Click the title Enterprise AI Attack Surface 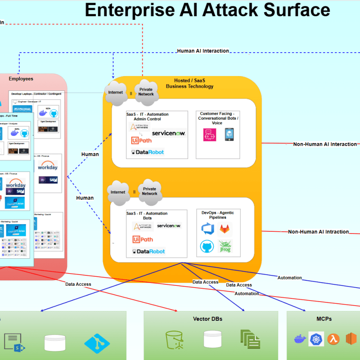point(207,10)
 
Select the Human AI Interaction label point(203,51)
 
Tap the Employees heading point(21,79)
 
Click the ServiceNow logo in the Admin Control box point(168,133)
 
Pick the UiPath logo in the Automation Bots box point(142,239)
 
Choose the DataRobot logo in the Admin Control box point(148,152)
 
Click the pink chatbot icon point(210,135)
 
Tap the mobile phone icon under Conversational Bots point(229,134)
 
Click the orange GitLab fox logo point(225,229)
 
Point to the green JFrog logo point(225,246)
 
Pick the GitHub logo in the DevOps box point(207,246)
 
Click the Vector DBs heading point(207,319)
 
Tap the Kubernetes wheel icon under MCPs point(316,339)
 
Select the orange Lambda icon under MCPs point(333,339)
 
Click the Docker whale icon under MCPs point(299,339)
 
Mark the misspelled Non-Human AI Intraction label point(318,232)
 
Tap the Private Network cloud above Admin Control point(146,91)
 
